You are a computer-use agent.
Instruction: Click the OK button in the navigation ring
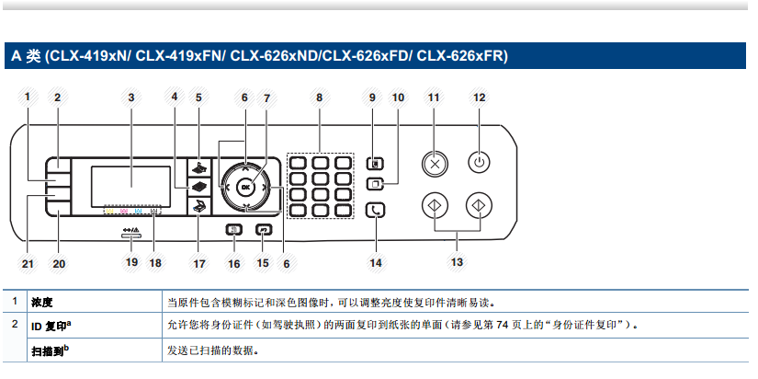(244, 187)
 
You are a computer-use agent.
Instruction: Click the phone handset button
(376, 211)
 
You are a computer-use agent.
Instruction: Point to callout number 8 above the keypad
(319, 97)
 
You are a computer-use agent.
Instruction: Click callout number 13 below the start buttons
(456, 262)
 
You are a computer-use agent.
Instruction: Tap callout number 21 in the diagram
(28, 263)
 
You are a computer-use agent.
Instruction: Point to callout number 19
(130, 262)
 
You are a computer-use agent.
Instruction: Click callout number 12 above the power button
(479, 97)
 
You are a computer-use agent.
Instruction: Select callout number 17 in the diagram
(198, 263)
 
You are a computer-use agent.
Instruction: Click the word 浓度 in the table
(41, 302)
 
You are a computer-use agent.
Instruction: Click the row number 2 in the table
(14, 325)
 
